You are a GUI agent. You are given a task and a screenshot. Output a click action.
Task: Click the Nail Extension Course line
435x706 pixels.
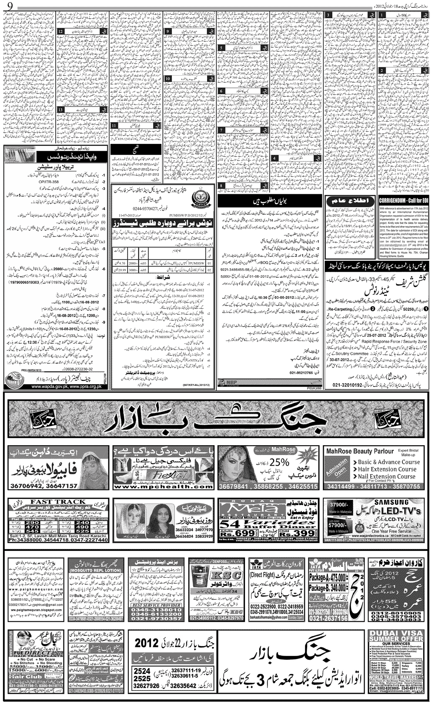coord(387,476)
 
